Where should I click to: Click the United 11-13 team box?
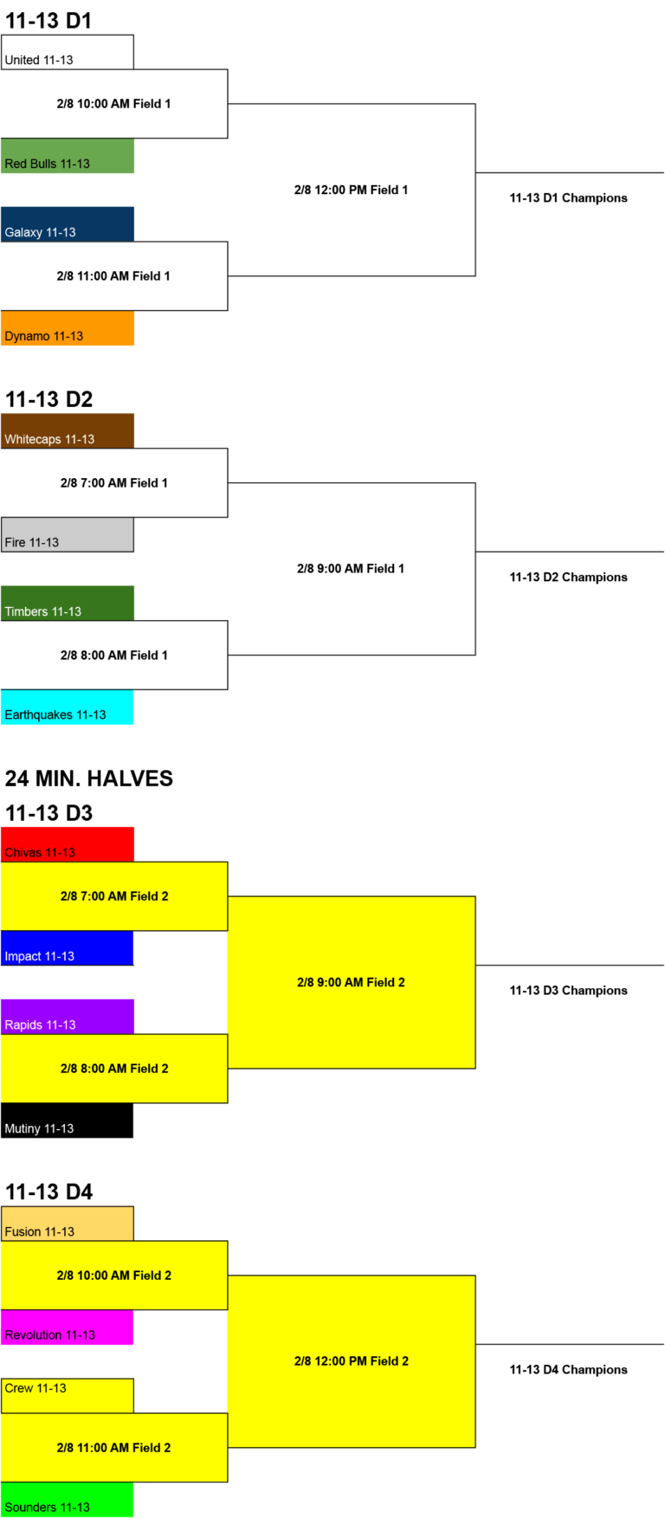click(68, 52)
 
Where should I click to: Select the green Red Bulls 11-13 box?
click(68, 156)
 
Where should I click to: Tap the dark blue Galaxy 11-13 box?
click(68, 224)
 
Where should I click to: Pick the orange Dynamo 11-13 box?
click(68, 328)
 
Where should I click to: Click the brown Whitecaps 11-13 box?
click(68, 431)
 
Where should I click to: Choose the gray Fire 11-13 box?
click(68, 534)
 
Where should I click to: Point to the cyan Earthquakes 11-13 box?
click(68, 707)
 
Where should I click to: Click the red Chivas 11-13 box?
click(68, 844)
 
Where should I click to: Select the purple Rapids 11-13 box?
click(68, 1017)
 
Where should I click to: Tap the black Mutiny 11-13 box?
click(68, 1121)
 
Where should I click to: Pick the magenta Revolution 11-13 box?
click(68, 1327)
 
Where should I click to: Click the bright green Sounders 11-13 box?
click(68, 1500)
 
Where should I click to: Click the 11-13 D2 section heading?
click(48, 399)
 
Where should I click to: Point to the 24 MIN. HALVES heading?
click(89, 778)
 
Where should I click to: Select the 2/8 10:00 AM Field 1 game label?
click(113, 104)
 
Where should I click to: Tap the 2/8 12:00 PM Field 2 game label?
click(352, 1361)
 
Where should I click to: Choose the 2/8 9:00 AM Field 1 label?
click(351, 569)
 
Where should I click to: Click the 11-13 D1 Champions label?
click(569, 198)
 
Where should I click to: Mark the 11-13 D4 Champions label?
click(569, 1370)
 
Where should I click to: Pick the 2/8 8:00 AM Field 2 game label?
click(114, 1069)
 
